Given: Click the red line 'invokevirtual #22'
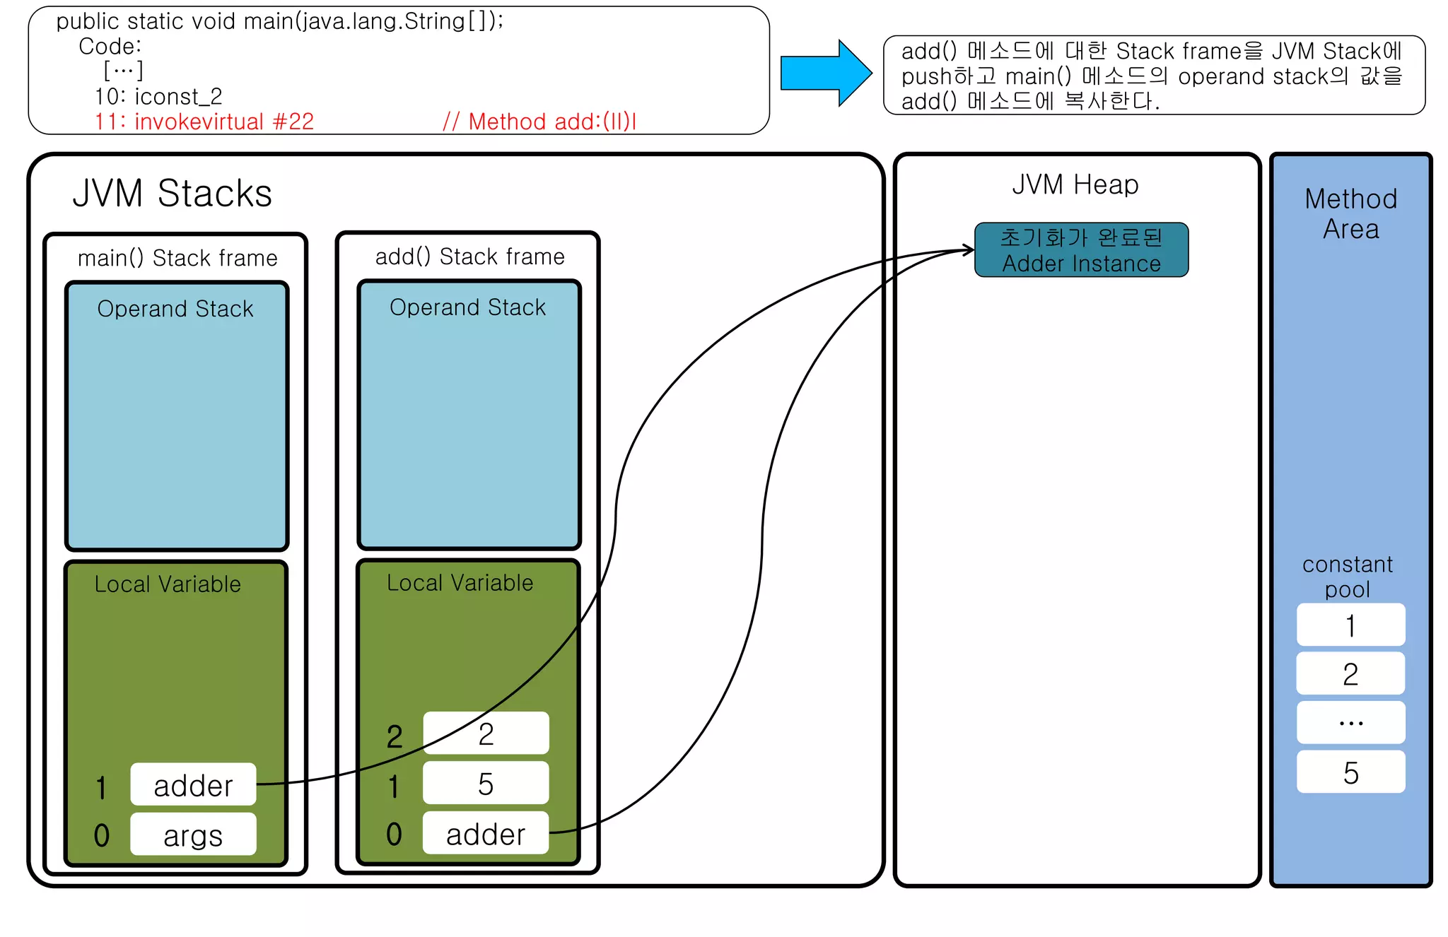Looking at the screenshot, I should pyautogui.click(x=205, y=122).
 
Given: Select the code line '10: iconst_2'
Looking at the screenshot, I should pyautogui.click(x=158, y=96).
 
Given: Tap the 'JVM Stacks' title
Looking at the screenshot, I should pyautogui.click(x=172, y=193).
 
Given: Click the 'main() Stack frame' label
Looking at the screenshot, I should pyautogui.click(x=177, y=258).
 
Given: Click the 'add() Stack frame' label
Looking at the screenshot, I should pyautogui.click(x=469, y=257).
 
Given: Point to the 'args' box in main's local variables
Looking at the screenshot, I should pyautogui.click(x=193, y=835).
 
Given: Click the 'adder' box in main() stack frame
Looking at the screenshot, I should pyautogui.click(x=193, y=784).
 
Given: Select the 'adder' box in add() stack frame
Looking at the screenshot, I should pyautogui.click(x=485, y=833).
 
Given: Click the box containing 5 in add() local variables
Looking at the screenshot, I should pyautogui.click(x=485, y=783).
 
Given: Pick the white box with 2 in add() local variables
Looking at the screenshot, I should pyautogui.click(x=485, y=733).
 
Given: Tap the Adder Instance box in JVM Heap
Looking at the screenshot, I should pyautogui.click(x=1081, y=250).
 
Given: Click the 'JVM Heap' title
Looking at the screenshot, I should pyautogui.click(x=1075, y=184).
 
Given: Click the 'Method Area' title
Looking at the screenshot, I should pyautogui.click(x=1350, y=213).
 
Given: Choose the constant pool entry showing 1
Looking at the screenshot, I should pyautogui.click(x=1350, y=625).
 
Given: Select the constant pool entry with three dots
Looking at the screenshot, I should pyautogui.click(x=1350, y=722).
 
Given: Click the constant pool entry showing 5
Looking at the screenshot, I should pyautogui.click(x=1350, y=772).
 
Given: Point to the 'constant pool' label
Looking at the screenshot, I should pyautogui.click(x=1347, y=577).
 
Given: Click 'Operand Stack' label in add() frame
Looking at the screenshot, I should pyautogui.click(x=467, y=307).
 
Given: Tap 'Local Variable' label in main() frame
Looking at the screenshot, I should pyautogui.click(x=168, y=584).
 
